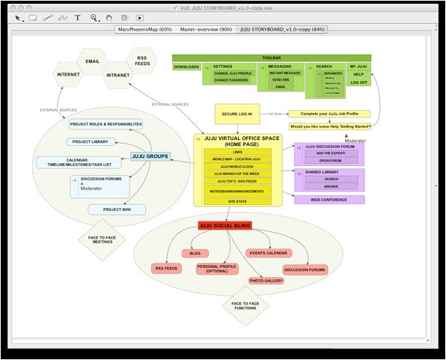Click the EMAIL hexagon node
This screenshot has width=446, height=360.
pyautogui.click(x=92, y=61)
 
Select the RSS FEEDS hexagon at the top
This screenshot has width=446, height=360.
pyautogui.click(x=141, y=60)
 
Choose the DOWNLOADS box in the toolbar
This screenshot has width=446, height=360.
pyautogui.click(x=186, y=67)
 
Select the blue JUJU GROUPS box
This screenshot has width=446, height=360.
pyautogui.click(x=150, y=156)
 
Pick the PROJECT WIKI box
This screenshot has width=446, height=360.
pyautogui.click(x=117, y=210)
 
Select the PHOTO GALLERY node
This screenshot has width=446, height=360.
pyautogui.click(x=266, y=281)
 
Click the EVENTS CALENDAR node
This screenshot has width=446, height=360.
pyautogui.click(x=268, y=253)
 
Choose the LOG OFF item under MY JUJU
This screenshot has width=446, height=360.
pyautogui.click(x=358, y=83)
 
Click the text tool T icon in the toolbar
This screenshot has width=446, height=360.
pyautogui.click(x=77, y=17)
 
